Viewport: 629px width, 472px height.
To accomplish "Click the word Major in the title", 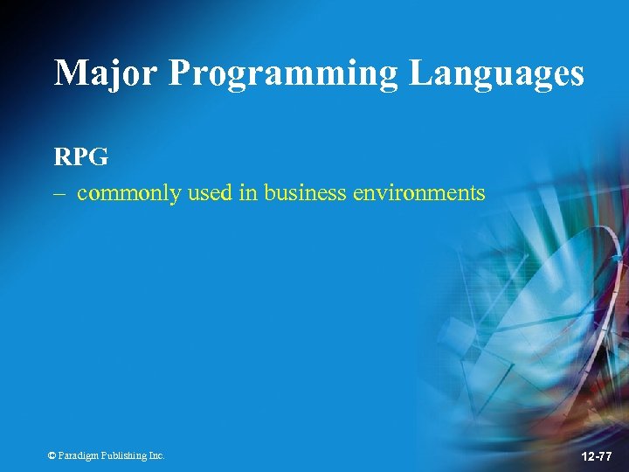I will point(106,73).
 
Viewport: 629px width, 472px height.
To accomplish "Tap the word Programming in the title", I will point(285,74).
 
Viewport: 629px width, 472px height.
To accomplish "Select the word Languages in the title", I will point(496,74).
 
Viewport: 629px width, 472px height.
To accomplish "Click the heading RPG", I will point(80,157).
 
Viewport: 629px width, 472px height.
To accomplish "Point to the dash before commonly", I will point(59,193).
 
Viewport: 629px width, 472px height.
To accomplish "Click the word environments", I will point(418,192).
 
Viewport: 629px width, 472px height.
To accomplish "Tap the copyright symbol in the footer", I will point(52,455).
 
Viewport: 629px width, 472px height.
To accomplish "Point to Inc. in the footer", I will point(156,455).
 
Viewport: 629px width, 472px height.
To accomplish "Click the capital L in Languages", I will point(420,73).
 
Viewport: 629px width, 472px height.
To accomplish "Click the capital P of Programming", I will point(180,73).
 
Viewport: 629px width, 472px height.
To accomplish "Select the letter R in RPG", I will point(63,157).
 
